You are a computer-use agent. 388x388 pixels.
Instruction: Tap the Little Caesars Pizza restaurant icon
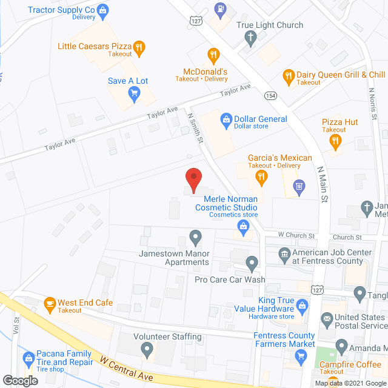click(x=139, y=46)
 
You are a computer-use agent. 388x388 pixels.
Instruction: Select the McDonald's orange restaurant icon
click(x=213, y=56)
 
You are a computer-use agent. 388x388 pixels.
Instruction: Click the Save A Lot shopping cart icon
click(x=135, y=93)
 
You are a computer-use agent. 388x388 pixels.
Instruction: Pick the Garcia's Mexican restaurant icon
click(x=261, y=176)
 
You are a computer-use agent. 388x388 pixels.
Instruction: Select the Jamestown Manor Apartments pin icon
click(x=195, y=236)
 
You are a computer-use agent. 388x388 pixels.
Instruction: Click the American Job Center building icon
click(x=284, y=253)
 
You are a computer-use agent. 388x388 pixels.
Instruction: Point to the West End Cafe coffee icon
click(x=50, y=303)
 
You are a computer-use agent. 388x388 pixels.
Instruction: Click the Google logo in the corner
click(x=20, y=380)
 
